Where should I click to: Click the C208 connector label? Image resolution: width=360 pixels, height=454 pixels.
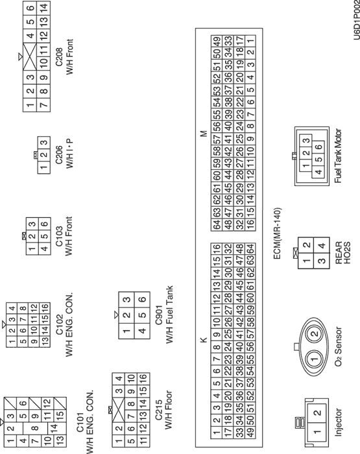(x=59, y=57)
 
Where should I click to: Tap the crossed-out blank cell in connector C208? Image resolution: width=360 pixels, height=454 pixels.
(x=30, y=56)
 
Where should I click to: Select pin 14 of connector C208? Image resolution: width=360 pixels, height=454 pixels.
(x=43, y=8)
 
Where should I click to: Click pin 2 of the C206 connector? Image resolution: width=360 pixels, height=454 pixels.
(x=43, y=155)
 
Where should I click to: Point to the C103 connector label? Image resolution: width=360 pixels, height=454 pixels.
(x=59, y=236)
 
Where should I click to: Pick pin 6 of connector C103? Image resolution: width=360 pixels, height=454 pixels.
(x=44, y=224)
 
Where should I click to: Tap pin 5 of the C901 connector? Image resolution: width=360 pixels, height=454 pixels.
(x=142, y=315)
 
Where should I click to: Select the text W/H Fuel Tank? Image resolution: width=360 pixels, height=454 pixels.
(x=169, y=315)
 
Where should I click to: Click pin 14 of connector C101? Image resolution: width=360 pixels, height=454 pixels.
(x=54, y=427)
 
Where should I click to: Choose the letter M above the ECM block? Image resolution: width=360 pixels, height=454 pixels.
(x=204, y=134)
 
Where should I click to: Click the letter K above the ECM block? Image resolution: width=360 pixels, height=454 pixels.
(x=204, y=340)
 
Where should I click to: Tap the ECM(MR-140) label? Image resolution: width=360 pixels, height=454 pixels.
(x=277, y=233)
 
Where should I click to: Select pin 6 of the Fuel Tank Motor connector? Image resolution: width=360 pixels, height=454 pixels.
(x=318, y=147)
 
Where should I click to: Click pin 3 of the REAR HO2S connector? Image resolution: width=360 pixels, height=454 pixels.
(x=322, y=261)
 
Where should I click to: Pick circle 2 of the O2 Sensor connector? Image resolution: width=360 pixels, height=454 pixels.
(x=315, y=333)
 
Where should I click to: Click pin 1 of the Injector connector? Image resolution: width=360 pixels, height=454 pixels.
(x=317, y=432)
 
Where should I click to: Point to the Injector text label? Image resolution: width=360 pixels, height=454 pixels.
(x=338, y=422)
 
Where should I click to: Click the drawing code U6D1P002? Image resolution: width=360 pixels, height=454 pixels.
(x=357, y=20)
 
